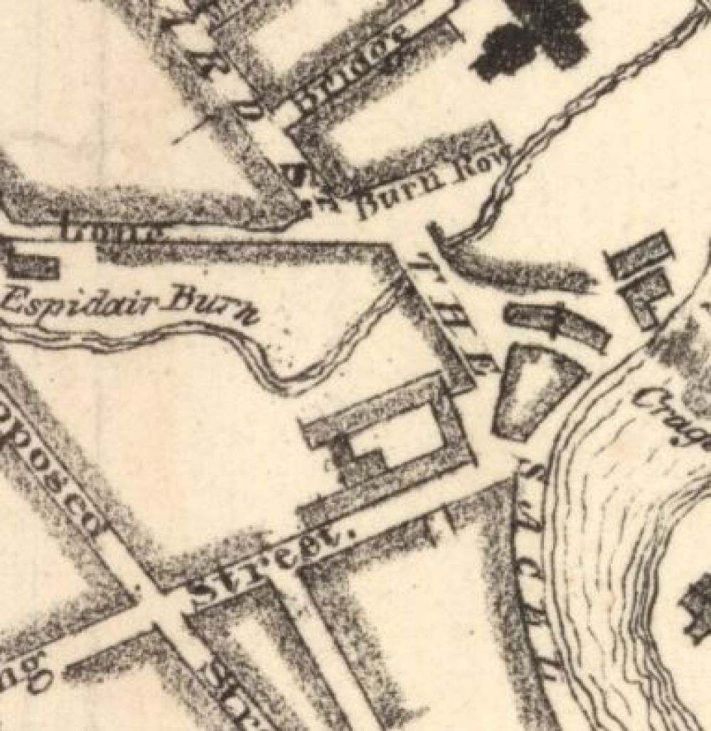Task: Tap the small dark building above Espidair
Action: [x=32, y=265]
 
